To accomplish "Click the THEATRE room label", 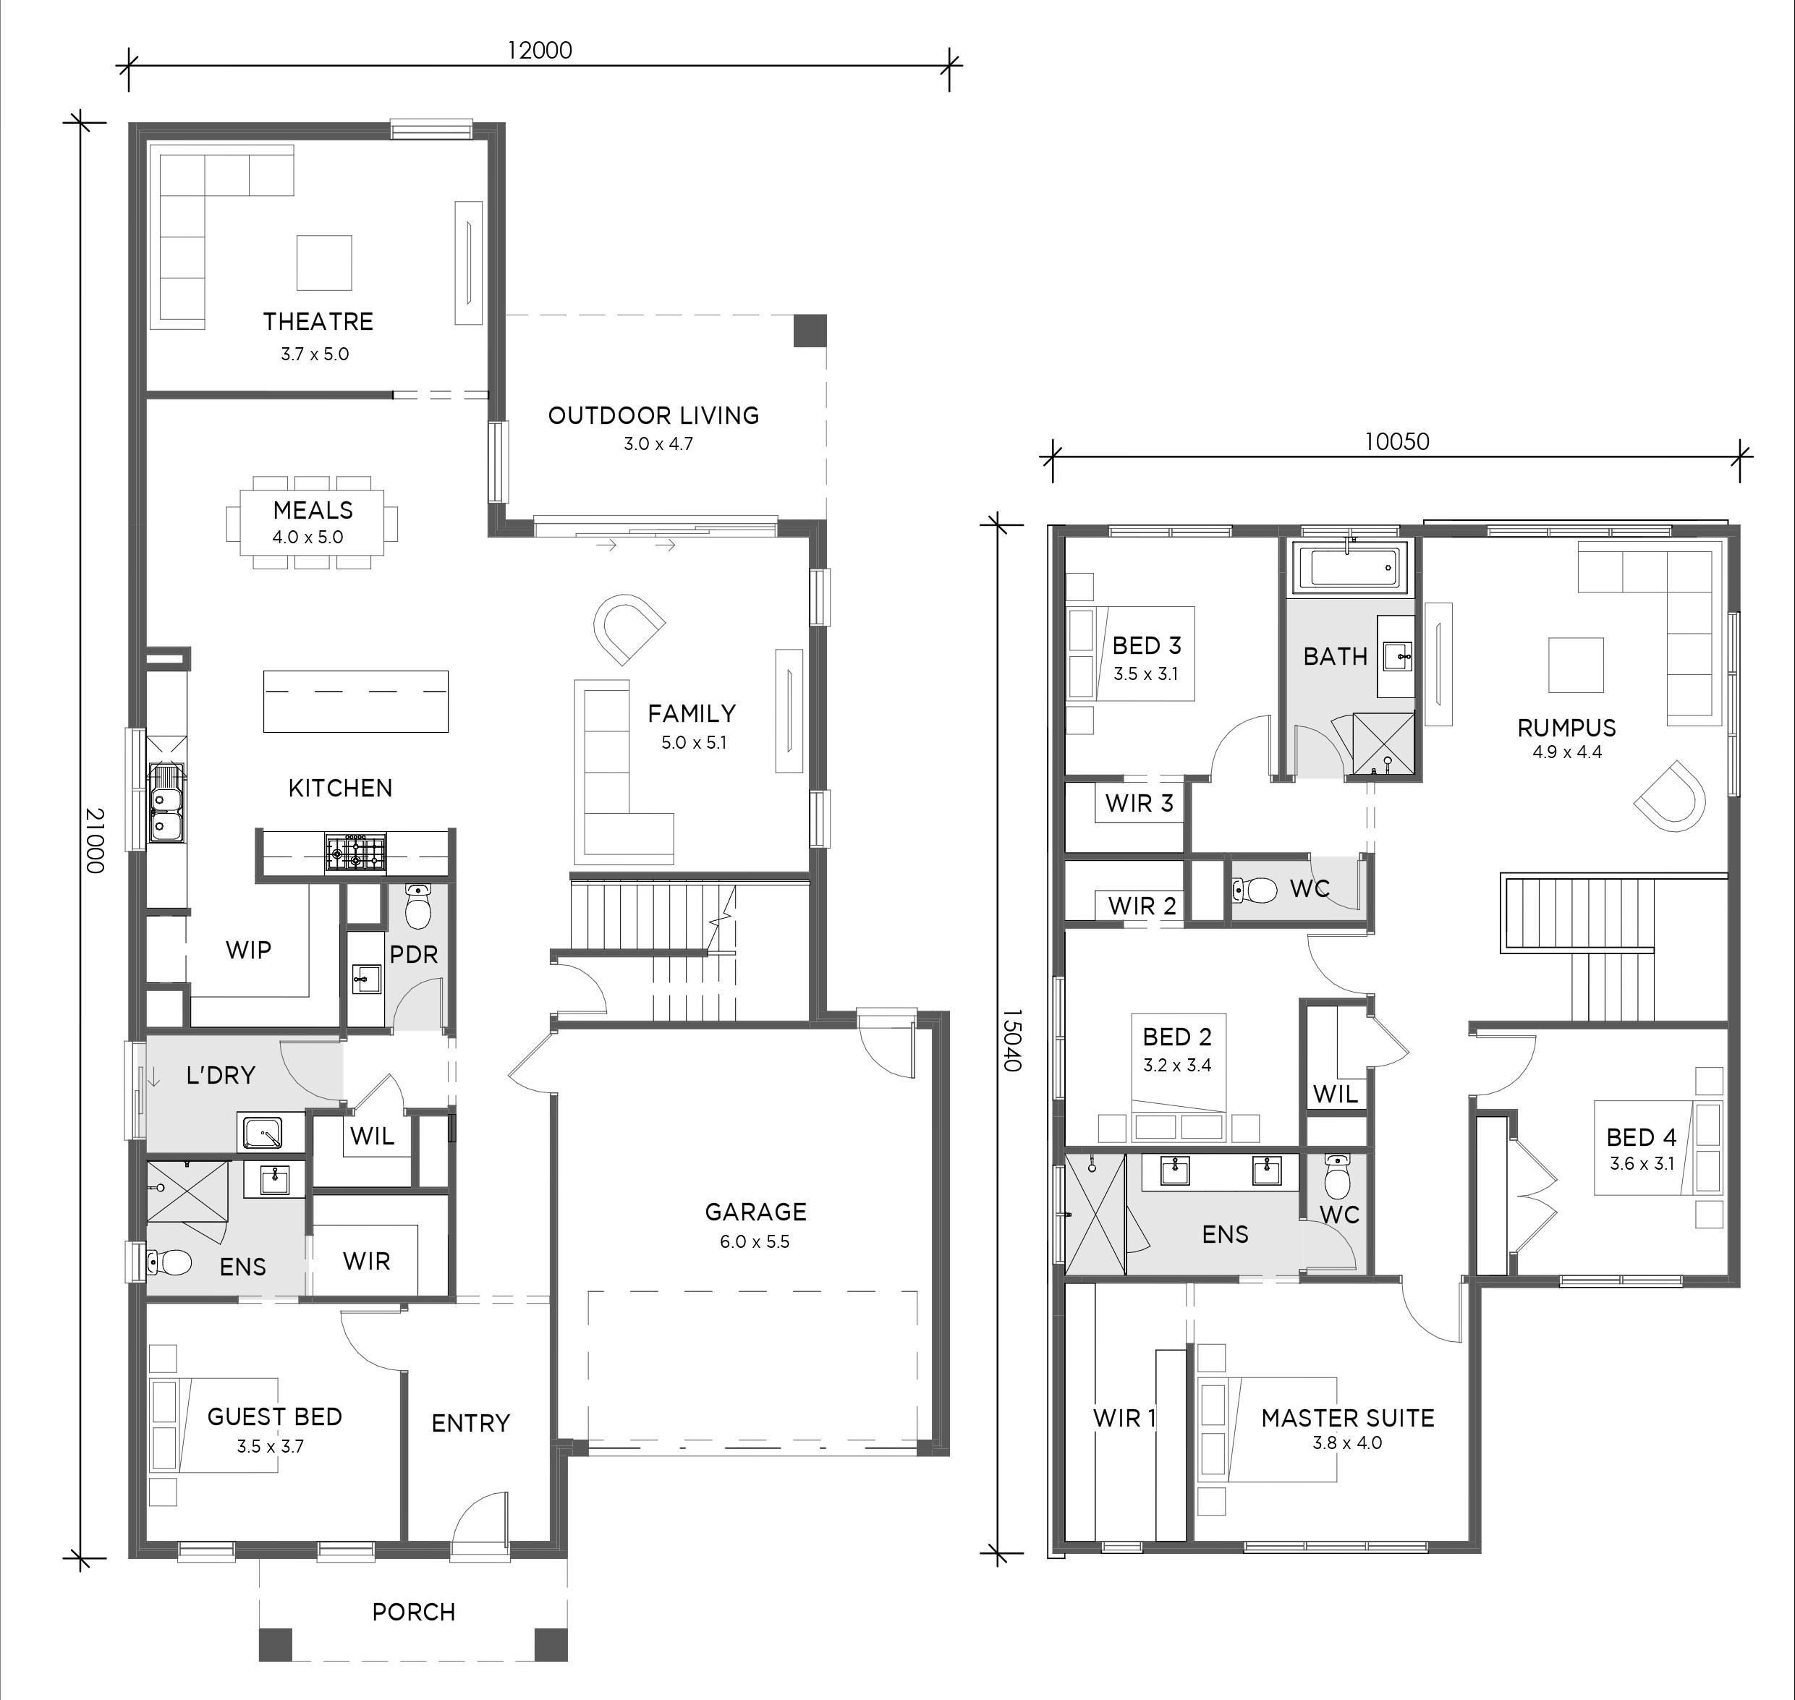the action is point(318,322).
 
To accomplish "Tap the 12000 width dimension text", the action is point(539,50).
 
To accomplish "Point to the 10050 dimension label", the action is point(1396,441).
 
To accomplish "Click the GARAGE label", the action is point(755,1212).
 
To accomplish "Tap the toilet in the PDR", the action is point(417,906).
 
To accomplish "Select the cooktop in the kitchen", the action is point(355,854).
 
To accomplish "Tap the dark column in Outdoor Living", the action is point(810,331).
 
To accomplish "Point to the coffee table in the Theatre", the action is point(324,263).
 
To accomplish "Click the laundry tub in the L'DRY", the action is point(260,1133).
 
